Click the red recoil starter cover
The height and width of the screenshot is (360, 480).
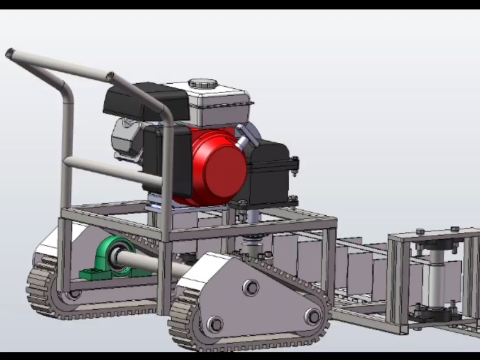pyautogui.click(x=217, y=165)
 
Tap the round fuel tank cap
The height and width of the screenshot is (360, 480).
pyautogui.click(x=203, y=83)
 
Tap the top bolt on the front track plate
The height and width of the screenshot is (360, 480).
pyautogui.click(x=250, y=288)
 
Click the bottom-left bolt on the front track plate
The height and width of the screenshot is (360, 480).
pyautogui.click(x=215, y=324)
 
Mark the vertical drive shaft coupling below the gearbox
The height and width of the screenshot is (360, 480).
pyautogui.click(x=254, y=242)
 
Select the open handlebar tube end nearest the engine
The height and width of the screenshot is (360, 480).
pyautogui.click(x=111, y=77)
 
